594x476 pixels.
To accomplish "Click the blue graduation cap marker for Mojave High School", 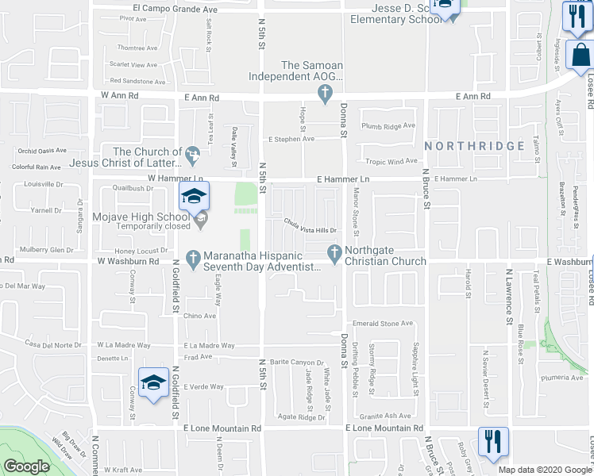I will pyautogui.click(x=194, y=197).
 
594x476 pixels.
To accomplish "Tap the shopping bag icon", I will pyautogui.click(x=580, y=56).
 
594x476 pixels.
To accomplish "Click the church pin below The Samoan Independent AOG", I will pyautogui.click(x=324, y=94).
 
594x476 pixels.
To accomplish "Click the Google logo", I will pyautogui.click(x=26, y=466).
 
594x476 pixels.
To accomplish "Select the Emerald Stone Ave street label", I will pyautogui.click(x=384, y=324).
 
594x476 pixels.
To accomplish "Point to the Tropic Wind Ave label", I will pyautogui.click(x=391, y=161).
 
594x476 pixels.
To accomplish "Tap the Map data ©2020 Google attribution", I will pyautogui.click(x=544, y=470).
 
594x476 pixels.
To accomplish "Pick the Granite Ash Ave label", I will pyautogui.click(x=385, y=416).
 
